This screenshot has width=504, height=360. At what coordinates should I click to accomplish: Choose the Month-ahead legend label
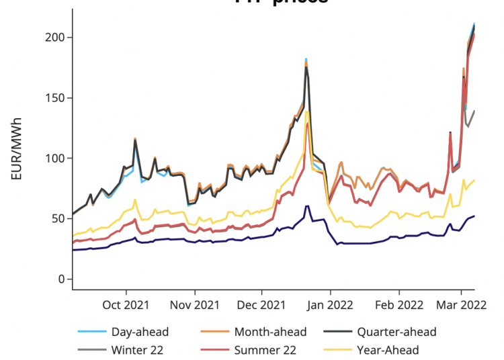click(x=270, y=332)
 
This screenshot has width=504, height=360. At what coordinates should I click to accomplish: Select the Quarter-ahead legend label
click(x=396, y=332)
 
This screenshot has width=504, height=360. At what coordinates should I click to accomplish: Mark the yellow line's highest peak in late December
click(x=307, y=111)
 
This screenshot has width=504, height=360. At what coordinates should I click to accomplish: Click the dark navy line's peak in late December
click(x=307, y=206)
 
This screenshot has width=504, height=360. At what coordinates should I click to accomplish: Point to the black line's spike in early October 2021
click(x=135, y=140)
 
